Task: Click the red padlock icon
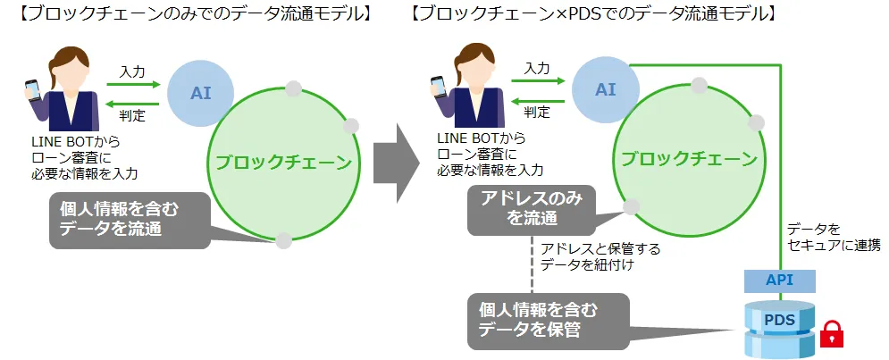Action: click(832, 333)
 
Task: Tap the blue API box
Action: click(779, 280)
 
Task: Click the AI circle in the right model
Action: click(606, 89)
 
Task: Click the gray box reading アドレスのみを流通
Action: click(532, 210)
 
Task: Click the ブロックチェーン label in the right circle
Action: click(689, 159)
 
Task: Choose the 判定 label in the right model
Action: click(537, 112)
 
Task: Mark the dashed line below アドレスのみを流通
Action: click(533, 264)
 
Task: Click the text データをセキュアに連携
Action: click(832, 237)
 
